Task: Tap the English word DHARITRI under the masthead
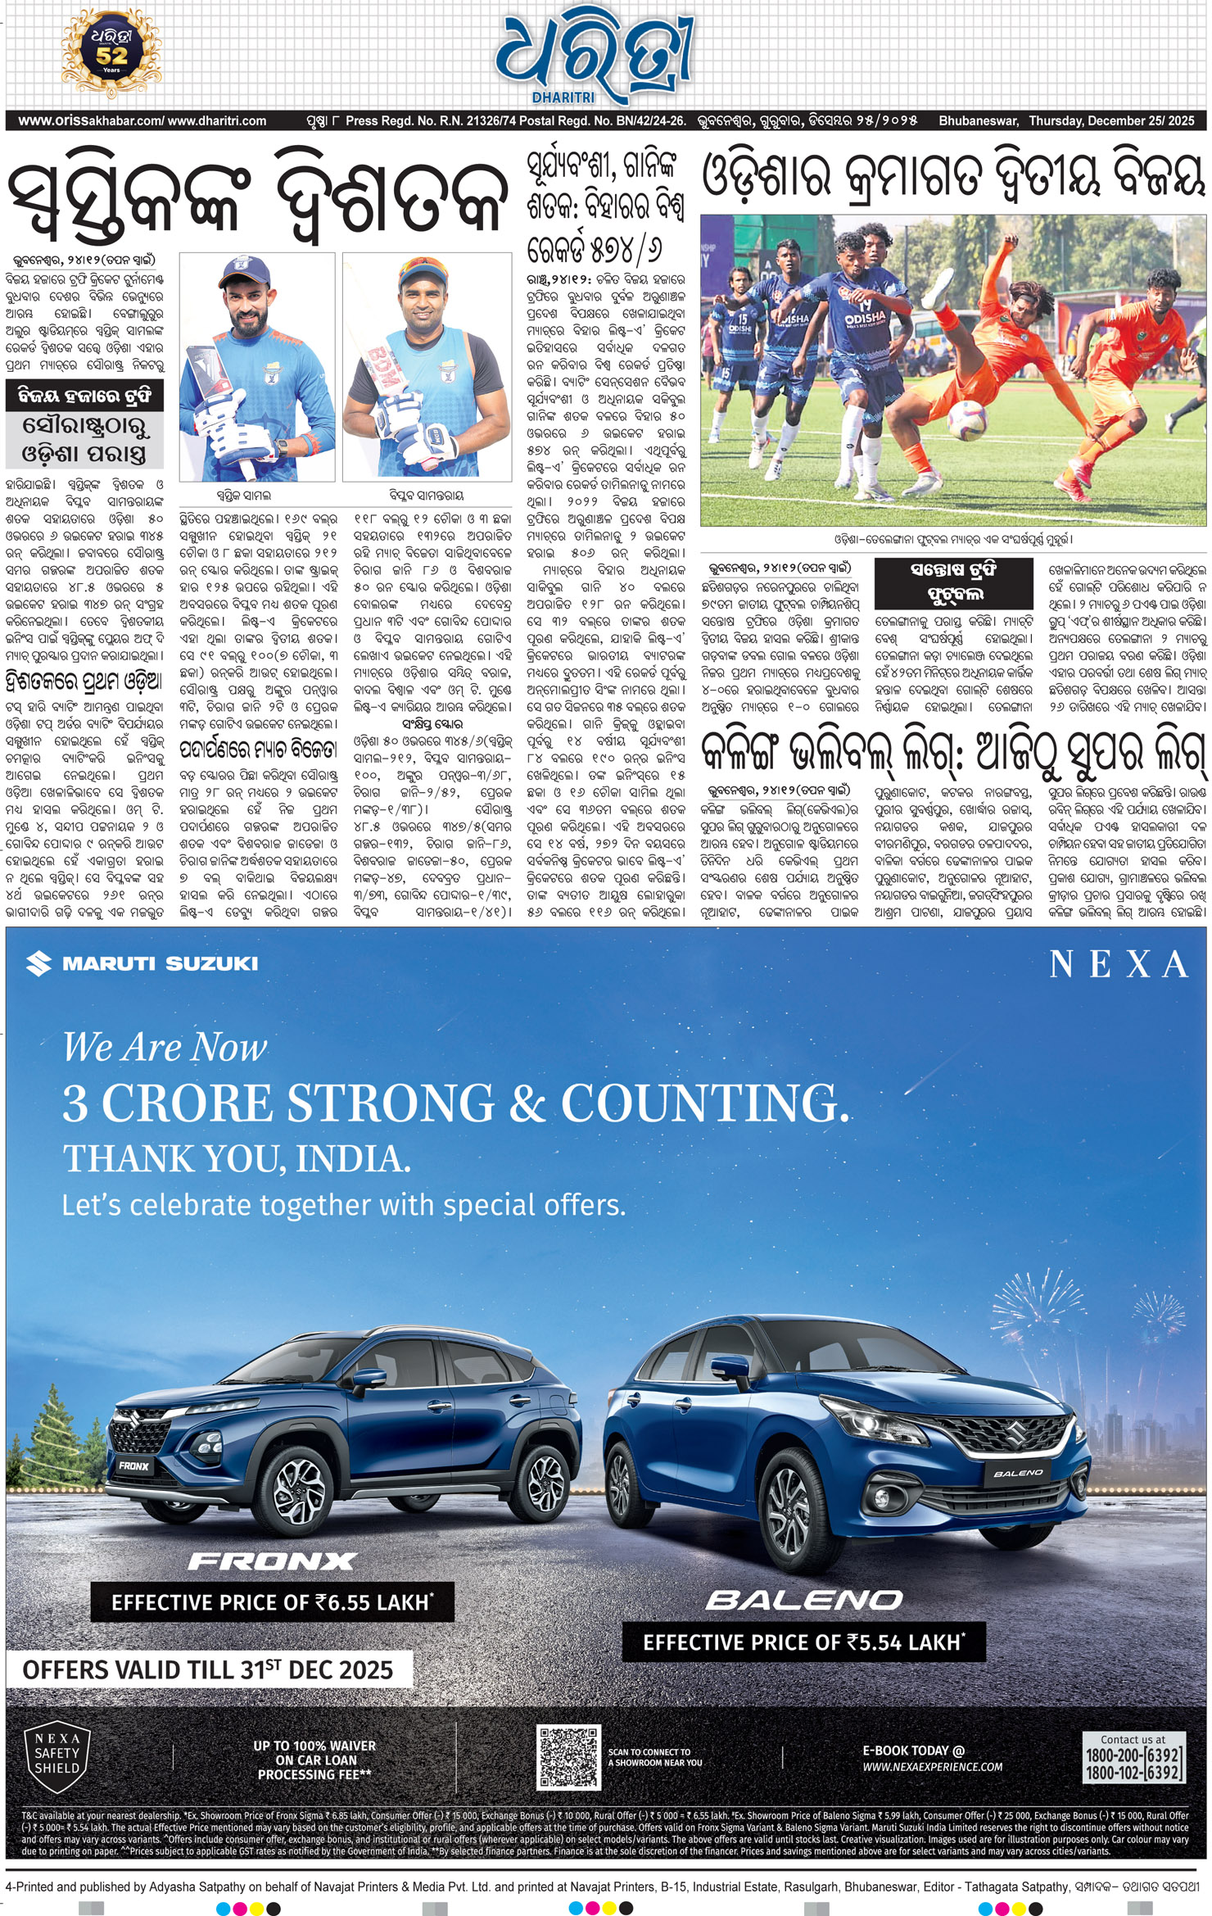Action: (563, 97)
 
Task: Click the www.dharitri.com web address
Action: (217, 121)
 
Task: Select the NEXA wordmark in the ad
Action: (1119, 964)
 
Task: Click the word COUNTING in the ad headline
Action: (704, 1103)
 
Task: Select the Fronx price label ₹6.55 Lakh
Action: (272, 1602)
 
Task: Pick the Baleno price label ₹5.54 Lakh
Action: (803, 1642)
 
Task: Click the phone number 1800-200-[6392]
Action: (1133, 1755)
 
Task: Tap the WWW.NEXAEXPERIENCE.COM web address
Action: (932, 1767)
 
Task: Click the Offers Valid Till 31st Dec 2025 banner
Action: (208, 1669)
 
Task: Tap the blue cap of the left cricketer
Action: (244, 271)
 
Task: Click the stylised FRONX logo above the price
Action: (272, 1561)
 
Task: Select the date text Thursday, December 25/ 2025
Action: (1111, 121)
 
